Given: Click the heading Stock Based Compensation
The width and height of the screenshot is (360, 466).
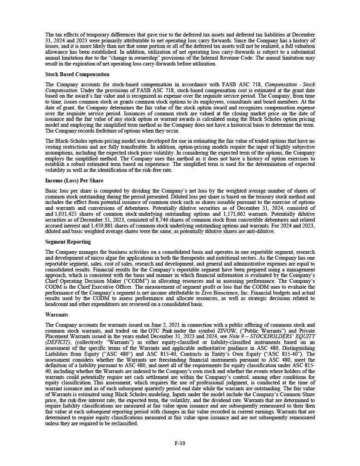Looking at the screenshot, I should point(77,74).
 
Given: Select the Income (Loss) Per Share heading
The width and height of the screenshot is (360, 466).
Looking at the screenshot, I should point(74,180).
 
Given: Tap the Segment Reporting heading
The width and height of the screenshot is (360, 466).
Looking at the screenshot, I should point(68,242).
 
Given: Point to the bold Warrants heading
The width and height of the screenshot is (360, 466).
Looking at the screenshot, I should point(56,315).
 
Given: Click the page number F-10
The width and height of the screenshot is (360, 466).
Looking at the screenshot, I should point(180,443).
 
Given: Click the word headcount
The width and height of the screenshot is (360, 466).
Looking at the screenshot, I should point(57,304).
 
